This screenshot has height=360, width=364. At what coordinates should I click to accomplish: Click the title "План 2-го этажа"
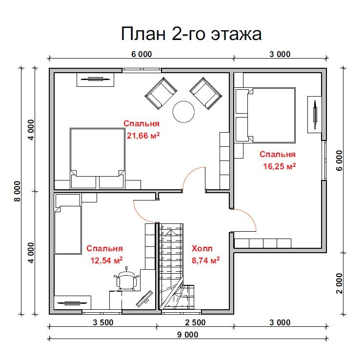click(x=192, y=34)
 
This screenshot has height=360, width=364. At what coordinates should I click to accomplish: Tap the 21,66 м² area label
click(x=143, y=136)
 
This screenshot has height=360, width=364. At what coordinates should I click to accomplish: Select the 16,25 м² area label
click(x=280, y=166)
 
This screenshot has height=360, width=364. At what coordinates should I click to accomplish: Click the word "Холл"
click(x=202, y=248)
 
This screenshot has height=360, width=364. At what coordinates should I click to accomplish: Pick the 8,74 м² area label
click(x=205, y=260)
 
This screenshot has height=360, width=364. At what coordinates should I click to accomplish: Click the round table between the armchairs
click(x=184, y=112)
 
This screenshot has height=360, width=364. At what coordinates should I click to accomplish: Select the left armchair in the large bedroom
click(x=160, y=93)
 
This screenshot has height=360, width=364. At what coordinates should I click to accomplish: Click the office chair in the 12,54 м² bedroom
click(x=127, y=280)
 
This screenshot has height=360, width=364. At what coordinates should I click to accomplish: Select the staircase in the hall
click(x=171, y=266)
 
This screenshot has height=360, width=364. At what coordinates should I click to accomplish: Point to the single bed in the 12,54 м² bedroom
click(x=67, y=229)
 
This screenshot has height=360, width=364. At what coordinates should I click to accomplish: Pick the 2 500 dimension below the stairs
click(x=195, y=322)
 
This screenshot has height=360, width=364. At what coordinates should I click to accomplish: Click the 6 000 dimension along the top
click(x=142, y=54)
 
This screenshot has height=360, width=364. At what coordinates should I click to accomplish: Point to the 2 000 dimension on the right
click(x=340, y=283)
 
